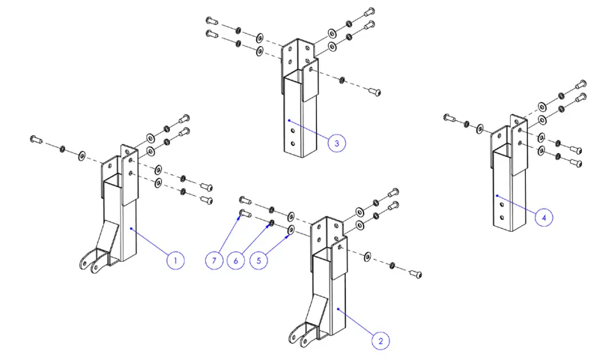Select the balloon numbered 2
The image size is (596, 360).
pyautogui.click(x=380, y=341)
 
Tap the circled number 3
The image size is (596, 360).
pyautogui.click(x=337, y=143)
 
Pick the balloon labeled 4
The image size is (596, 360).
pyautogui.click(x=543, y=217)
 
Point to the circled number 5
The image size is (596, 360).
pyautogui.click(x=259, y=260)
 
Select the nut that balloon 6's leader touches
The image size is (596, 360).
pyautogui.click(x=271, y=223)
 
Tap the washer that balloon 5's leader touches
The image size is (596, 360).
pyautogui.click(x=290, y=228)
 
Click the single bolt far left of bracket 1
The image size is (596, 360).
pyautogui.click(x=36, y=139)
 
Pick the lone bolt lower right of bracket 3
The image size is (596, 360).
pyautogui.click(x=376, y=92)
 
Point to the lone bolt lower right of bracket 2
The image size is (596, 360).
pyautogui.click(x=416, y=275)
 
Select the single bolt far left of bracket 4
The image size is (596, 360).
pyautogui.click(x=448, y=117)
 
